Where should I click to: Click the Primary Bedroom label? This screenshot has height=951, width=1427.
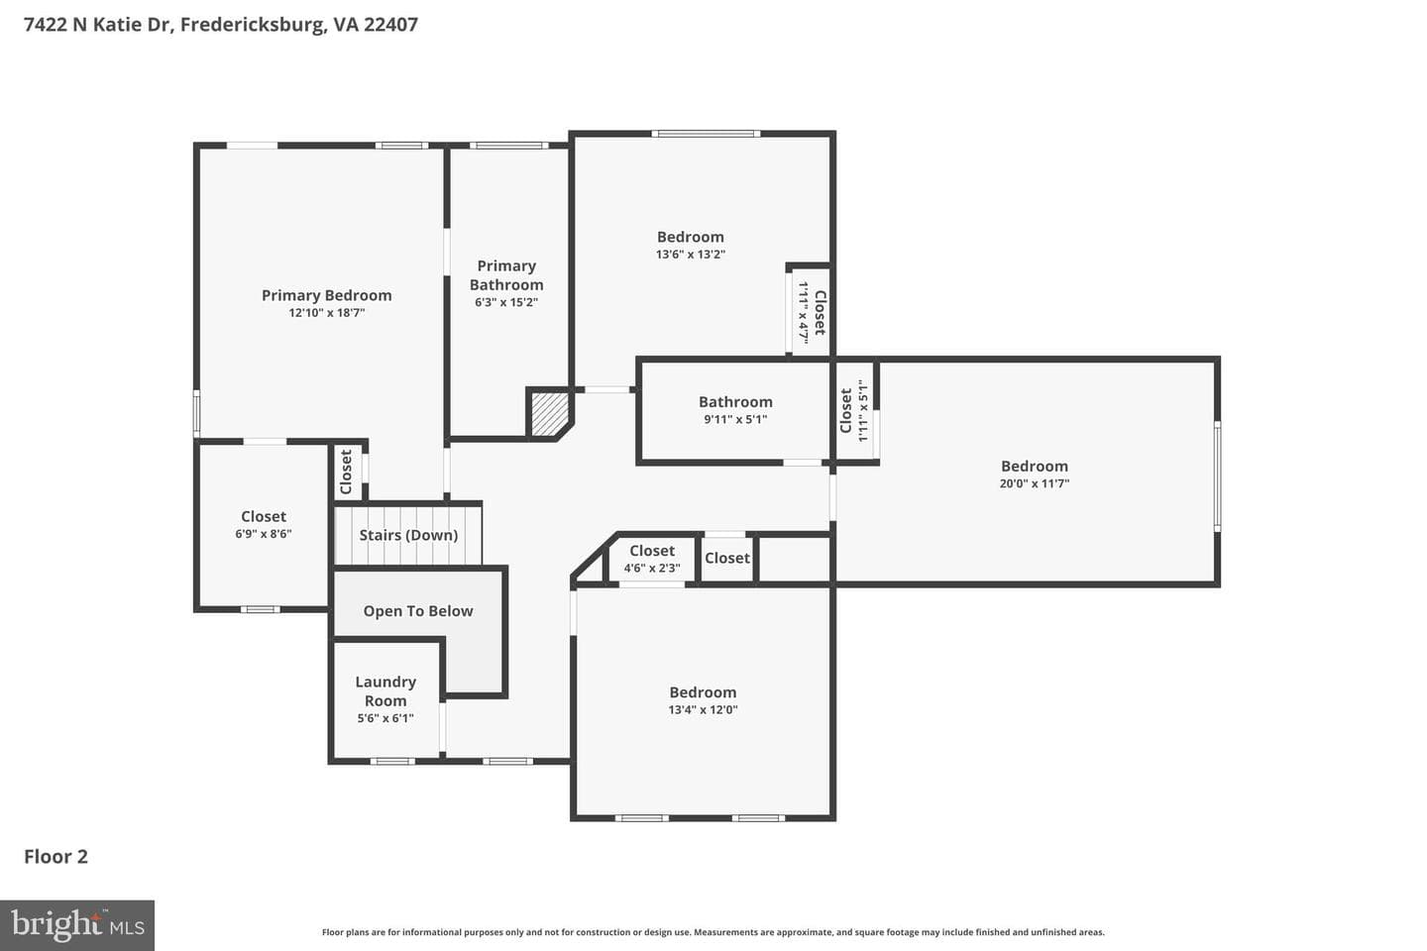pyautogui.click(x=326, y=295)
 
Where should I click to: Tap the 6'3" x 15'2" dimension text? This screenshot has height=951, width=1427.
pyautogui.click(x=506, y=302)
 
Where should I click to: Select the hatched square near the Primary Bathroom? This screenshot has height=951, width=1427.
pyautogui.click(x=550, y=414)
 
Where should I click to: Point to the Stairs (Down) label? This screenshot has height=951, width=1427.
pyautogui.click(x=408, y=535)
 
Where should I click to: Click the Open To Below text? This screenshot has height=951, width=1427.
pyautogui.click(x=418, y=611)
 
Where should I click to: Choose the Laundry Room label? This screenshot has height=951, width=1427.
pyautogui.click(x=385, y=691)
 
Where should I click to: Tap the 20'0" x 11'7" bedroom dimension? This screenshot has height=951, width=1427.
pyautogui.click(x=1034, y=483)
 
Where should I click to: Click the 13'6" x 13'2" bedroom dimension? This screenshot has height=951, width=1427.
pyautogui.click(x=691, y=255)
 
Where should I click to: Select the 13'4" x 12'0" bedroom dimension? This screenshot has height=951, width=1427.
pyautogui.click(x=703, y=709)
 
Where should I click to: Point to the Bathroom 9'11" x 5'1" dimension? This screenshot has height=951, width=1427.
pyautogui.click(x=735, y=419)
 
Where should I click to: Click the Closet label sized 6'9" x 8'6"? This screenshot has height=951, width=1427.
pyautogui.click(x=264, y=516)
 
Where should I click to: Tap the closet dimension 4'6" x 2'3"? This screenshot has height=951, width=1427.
pyautogui.click(x=652, y=569)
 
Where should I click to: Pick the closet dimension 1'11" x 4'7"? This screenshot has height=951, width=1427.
pyautogui.click(x=804, y=313)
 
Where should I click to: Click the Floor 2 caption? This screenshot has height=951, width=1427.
pyautogui.click(x=56, y=857)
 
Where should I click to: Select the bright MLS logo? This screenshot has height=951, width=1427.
pyautogui.click(x=77, y=925)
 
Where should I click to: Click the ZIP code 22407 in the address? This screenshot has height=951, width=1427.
pyautogui.click(x=390, y=24)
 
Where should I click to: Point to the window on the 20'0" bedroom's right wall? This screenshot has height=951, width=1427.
pyautogui.click(x=1217, y=475)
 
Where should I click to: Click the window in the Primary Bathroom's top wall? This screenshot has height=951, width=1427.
pyautogui.click(x=509, y=146)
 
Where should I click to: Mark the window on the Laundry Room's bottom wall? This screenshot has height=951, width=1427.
pyautogui.click(x=392, y=761)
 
